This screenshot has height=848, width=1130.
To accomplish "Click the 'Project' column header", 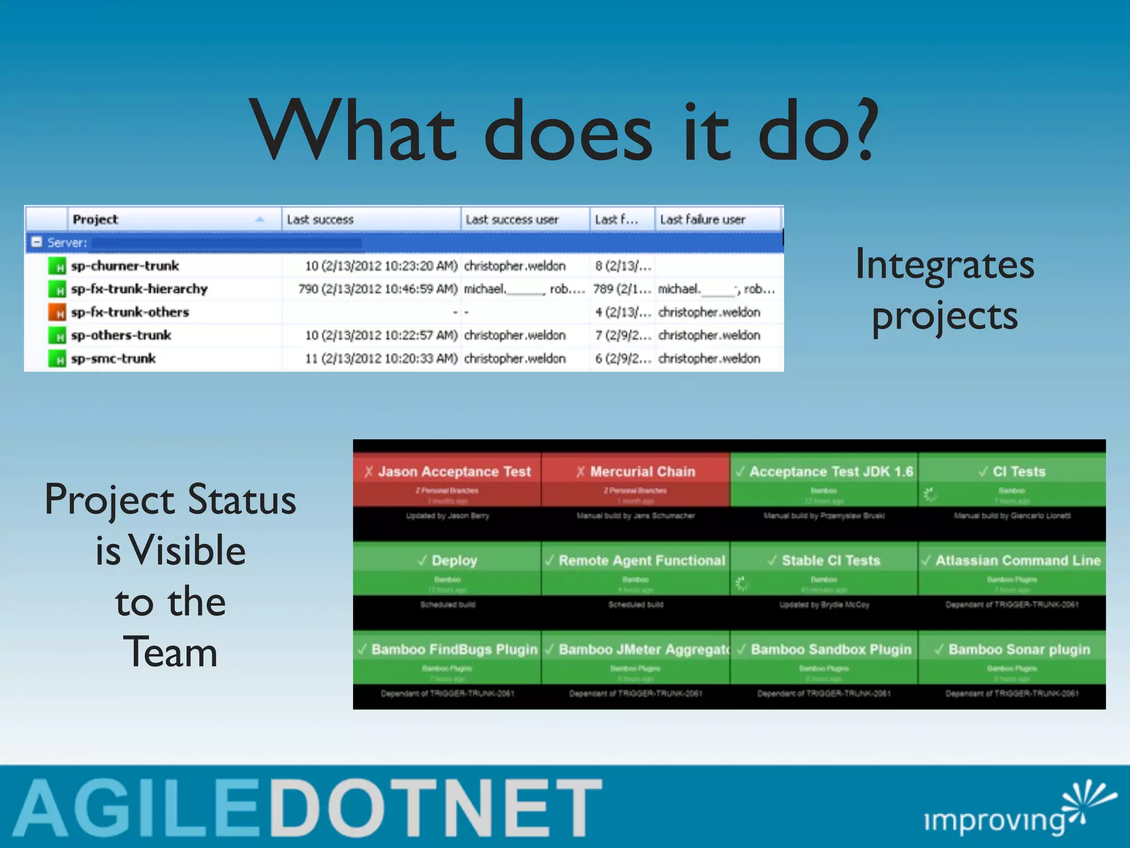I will (x=95, y=220).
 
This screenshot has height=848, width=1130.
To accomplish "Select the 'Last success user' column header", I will (x=511, y=220).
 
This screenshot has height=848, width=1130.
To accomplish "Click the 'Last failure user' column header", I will (x=702, y=220).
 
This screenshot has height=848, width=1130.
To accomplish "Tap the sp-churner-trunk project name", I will (x=125, y=266).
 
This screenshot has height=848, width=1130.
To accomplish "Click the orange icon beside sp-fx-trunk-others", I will (x=57, y=312).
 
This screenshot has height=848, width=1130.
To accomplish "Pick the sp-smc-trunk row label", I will (x=114, y=359).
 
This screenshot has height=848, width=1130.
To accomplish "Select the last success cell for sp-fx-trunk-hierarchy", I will (x=378, y=289).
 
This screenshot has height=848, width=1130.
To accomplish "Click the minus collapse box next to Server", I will (x=37, y=242).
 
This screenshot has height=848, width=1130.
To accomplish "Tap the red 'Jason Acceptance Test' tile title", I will (x=454, y=471).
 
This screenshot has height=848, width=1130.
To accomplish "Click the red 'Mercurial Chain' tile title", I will (x=642, y=471).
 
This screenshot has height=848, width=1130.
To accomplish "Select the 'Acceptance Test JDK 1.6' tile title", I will (x=830, y=471).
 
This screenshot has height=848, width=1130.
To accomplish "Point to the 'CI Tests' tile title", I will (x=1019, y=471).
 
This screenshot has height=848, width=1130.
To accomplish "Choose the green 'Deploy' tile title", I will (x=454, y=560).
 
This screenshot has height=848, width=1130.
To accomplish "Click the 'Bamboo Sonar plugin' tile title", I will (x=1019, y=649).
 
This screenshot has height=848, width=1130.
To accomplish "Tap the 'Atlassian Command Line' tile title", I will (x=1017, y=560).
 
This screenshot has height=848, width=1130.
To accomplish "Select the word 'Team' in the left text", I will (x=170, y=653).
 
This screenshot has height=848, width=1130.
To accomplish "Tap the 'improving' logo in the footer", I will (x=994, y=820).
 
